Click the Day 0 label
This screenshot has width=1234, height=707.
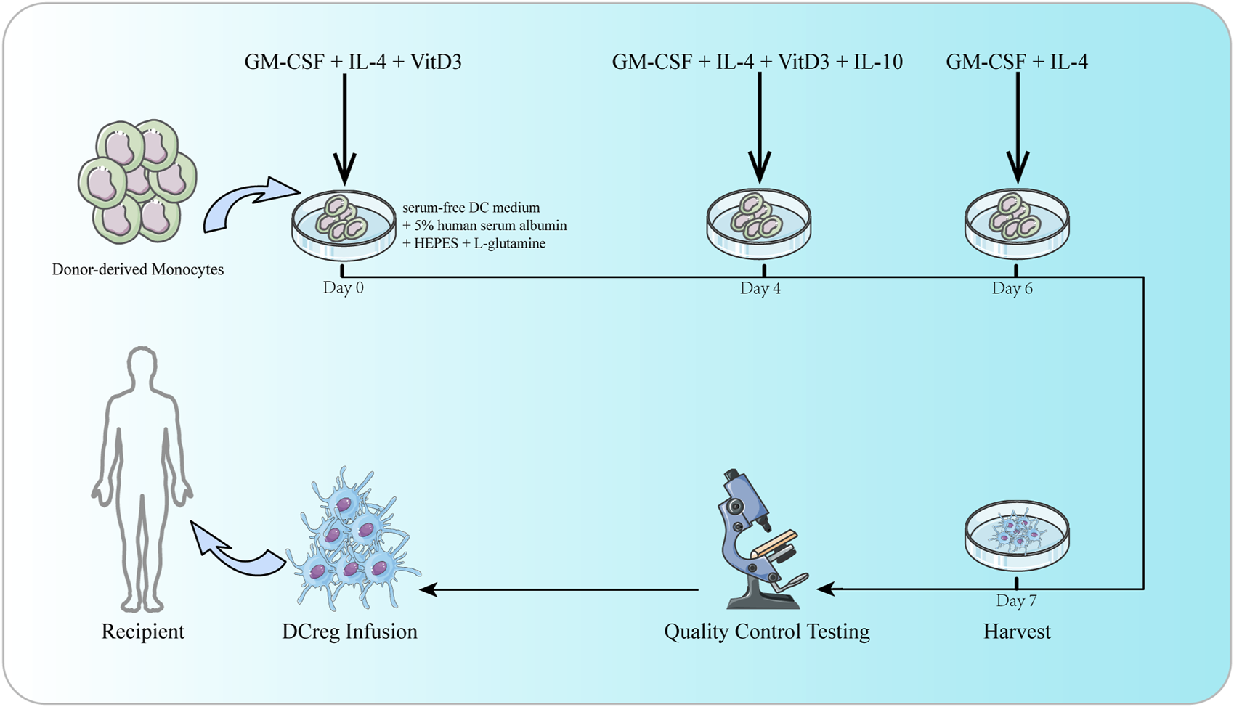click(x=343, y=288)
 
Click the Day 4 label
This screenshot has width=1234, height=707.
click(x=760, y=288)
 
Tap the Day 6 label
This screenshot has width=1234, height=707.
click(x=1012, y=288)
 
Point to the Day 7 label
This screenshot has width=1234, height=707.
click(x=1016, y=600)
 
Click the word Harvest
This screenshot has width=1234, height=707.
click(x=1017, y=632)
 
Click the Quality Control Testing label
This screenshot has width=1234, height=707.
click(x=766, y=632)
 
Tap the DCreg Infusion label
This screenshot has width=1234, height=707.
click(x=349, y=632)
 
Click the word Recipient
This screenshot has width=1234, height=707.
click(x=143, y=632)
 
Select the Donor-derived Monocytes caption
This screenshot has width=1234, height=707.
click(x=137, y=269)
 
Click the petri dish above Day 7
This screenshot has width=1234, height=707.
click(x=1017, y=537)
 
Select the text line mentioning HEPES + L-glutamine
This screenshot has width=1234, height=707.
click(x=474, y=243)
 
